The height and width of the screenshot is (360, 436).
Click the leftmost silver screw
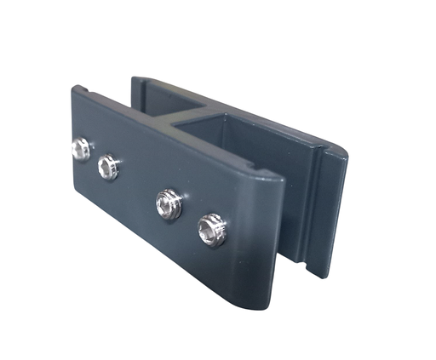pyautogui.click(x=81, y=150)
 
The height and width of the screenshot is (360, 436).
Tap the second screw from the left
pyautogui.click(x=108, y=167)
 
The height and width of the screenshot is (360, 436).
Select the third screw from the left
pyautogui.click(x=169, y=205)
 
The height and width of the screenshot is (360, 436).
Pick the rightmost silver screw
pyautogui.click(x=211, y=230)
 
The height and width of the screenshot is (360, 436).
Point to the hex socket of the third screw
pyautogui.click(x=169, y=205)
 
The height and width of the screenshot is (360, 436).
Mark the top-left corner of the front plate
pyautogui.click(x=72, y=87)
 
